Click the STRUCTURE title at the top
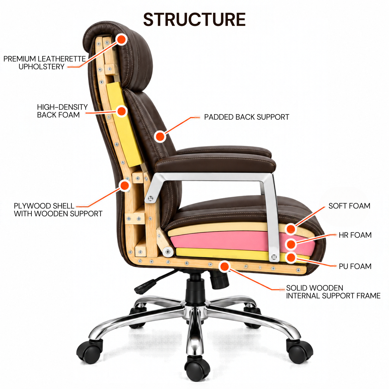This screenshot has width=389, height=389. click(x=194, y=19)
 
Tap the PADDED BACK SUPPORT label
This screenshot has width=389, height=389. click(x=246, y=117)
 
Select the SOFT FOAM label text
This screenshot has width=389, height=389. click(x=349, y=206)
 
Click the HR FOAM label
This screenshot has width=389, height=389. click(x=355, y=235)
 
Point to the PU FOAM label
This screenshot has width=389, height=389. click(x=355, y=266)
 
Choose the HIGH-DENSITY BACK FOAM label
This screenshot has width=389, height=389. click(x=62, y=111)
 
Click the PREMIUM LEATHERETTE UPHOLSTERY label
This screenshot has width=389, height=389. click(x=45, y=63)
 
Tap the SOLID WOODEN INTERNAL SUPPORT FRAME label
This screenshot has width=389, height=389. click(x=333, y=292)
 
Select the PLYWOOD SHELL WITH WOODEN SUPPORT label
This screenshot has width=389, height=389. click(x=58, y=210)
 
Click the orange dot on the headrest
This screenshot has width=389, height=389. click(x=121, y=39)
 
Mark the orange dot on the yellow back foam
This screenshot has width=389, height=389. click(x=121, y=111)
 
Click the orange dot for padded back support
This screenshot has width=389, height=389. click(x=160, y=136)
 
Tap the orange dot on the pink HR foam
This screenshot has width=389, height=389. click(x=291, y=244)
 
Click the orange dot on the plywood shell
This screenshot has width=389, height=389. click(x=125, y=185)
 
